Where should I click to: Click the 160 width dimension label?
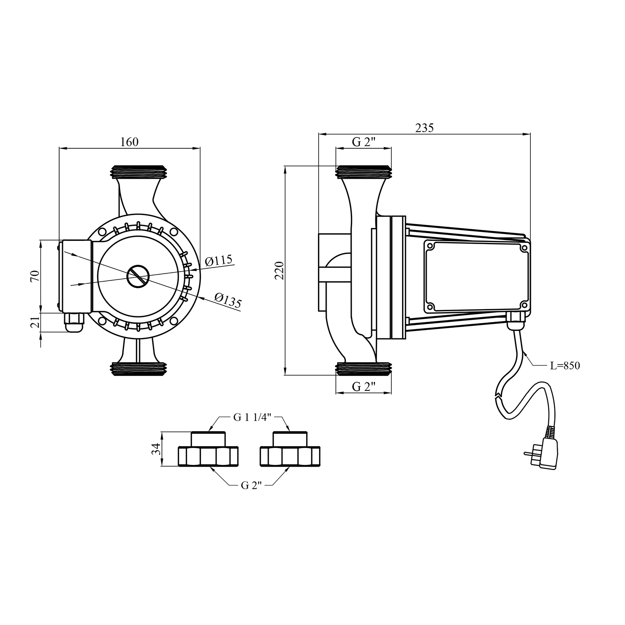129,142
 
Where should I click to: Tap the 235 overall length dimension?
425,128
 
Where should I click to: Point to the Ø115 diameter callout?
219,261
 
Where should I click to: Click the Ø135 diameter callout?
228,300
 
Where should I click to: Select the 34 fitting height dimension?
156,449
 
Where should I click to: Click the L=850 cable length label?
565,366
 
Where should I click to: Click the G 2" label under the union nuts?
251,485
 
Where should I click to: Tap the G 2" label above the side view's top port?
364,142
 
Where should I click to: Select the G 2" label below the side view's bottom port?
364,387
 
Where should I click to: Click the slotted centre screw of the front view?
138,276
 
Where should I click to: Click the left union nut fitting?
208,449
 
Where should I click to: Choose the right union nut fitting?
290,449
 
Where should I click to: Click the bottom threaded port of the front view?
139,368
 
